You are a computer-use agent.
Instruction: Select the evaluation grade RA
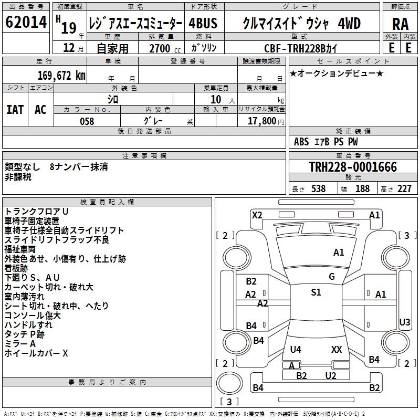point(400,24)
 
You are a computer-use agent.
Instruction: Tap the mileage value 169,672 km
point(61,75)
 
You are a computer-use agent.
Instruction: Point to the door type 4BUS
point(203,24)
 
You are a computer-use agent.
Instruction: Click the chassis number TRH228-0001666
point(353,167)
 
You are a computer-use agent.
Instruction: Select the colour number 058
point(87,121)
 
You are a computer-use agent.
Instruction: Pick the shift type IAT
point(15,109)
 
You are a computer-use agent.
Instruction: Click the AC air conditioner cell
point(40,109)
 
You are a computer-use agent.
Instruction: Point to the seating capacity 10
point(215,99)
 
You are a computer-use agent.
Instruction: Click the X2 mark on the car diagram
point(257,215)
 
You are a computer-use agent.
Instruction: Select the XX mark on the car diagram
point(337,349)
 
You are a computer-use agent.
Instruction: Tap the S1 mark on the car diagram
point(316,292)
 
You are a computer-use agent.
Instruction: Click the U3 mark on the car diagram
point(405,322)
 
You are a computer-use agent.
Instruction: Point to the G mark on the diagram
point(332,277)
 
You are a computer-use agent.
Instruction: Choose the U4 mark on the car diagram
point(296,349)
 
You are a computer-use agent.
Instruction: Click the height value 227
point(404,189)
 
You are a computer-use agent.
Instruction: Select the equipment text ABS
point(301,142)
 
